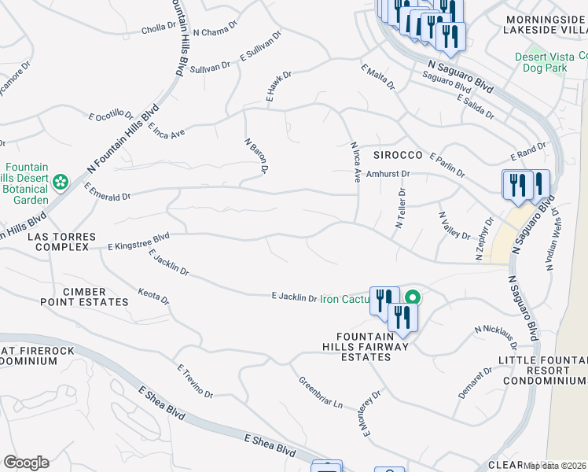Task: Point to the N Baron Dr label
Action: click(257, 156)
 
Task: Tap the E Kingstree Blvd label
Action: click(139, 245)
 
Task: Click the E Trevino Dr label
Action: click(195, 381)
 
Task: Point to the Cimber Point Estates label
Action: click(85, 296)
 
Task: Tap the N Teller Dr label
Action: click(401, 208)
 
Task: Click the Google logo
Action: click(26, 463)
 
